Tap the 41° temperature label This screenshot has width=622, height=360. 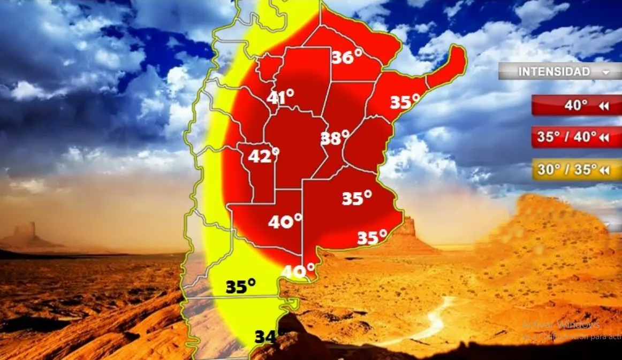pos(280,97)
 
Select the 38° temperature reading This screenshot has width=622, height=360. pos(335,138)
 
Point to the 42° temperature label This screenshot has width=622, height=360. pos(263,156)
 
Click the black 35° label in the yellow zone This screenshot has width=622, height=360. pos(240,287)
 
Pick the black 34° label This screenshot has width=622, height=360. pos(268,337)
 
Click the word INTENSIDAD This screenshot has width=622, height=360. pos(554,72)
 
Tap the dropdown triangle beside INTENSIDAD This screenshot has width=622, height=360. pos(605,72)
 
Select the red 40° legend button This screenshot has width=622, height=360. pos(576,106)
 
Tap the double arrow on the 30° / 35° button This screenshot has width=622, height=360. pos(605,171)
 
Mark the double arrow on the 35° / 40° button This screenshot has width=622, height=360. pos(605,138)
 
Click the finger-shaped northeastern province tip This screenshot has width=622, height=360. pos(452,64)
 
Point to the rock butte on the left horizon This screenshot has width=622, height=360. pos(25,234)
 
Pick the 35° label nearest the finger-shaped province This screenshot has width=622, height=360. pos(404,102)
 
